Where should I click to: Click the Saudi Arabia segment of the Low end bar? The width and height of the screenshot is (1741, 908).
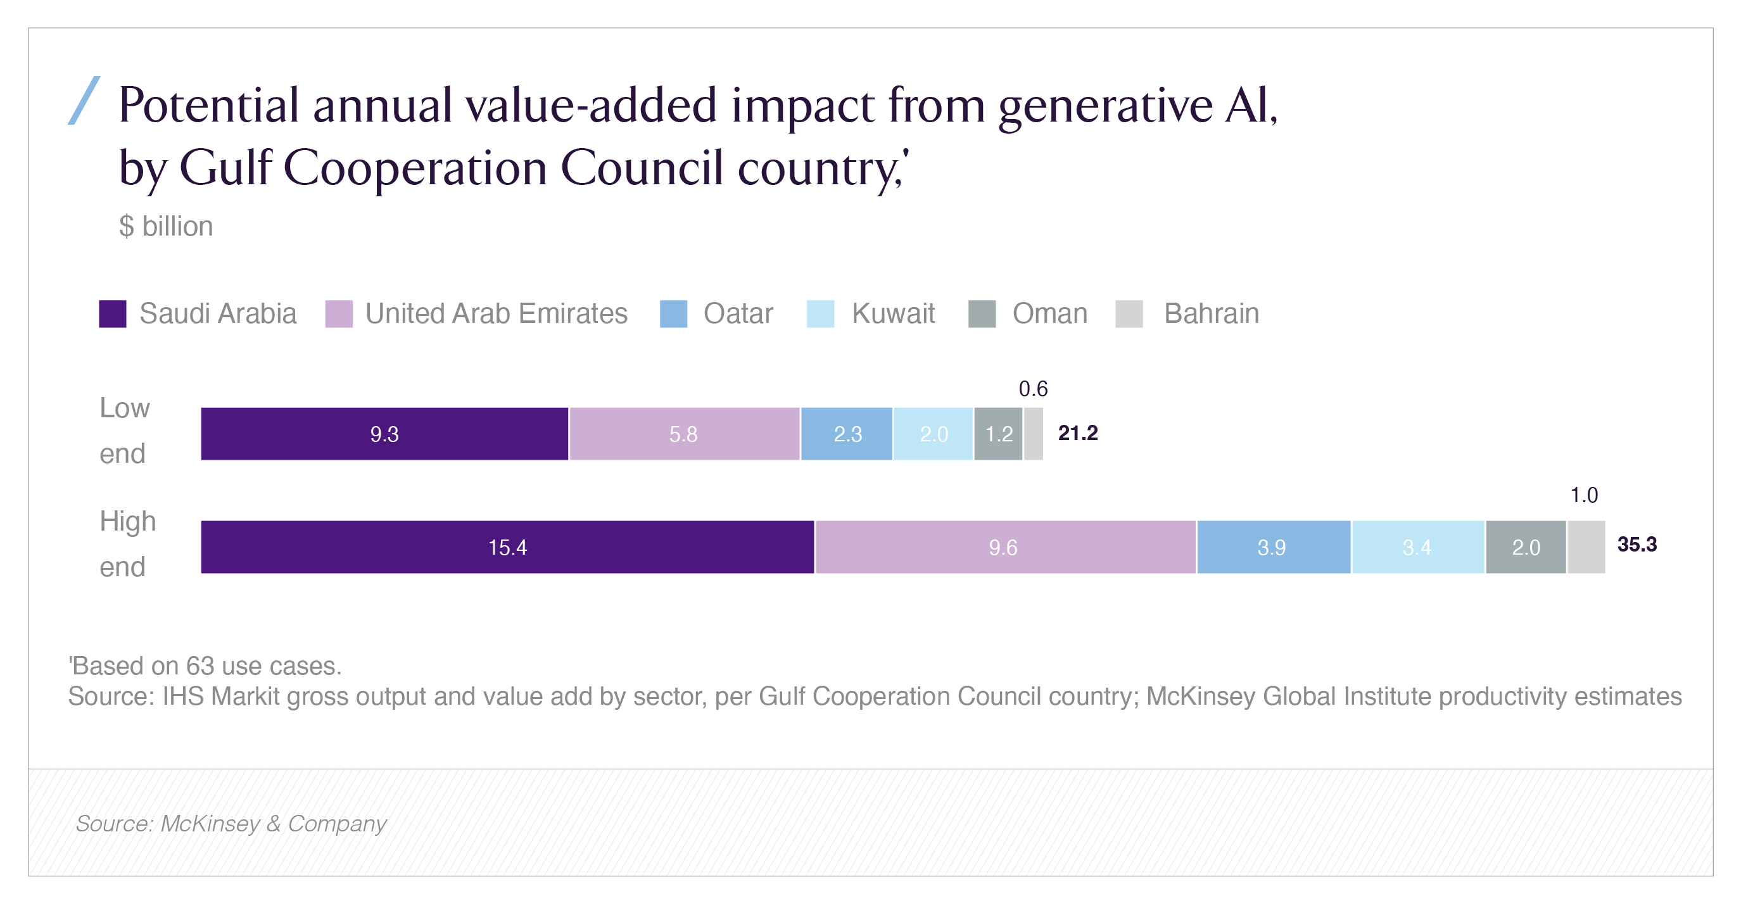coord(384,434)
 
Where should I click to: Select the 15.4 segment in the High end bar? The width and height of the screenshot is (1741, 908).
coord(507,547)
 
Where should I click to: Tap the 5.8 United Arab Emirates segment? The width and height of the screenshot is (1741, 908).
coord(684,434)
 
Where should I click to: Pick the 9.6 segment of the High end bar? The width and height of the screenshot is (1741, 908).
coord(1004,547)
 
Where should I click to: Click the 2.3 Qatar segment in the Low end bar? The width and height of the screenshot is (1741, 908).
coord(847,434)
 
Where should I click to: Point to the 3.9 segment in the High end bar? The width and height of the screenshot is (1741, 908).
coord(1272,547)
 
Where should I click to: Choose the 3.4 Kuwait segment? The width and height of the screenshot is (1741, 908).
coord(1417,547)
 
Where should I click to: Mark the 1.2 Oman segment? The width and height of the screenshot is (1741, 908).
coord(998,434)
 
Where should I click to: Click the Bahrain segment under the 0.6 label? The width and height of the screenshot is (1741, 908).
coord(1034,434)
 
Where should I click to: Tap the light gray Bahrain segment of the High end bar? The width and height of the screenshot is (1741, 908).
coord(1586,547)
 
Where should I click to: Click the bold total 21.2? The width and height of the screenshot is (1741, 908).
coord(1078,433)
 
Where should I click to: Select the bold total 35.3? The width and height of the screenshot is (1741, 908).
coord(1637,545)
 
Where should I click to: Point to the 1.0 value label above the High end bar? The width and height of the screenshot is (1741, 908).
coord(1583,495)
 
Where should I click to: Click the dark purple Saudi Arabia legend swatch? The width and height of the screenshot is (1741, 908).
coord(112,314)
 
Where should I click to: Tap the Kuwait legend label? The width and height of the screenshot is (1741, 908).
coord(893,314)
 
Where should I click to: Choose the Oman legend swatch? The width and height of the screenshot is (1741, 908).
coord(982,314)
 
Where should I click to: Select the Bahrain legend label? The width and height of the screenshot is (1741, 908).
coord(1211,314)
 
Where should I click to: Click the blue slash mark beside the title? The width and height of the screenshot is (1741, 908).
coord(84,101)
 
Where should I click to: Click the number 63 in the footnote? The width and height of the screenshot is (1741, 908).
coord(200,666)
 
